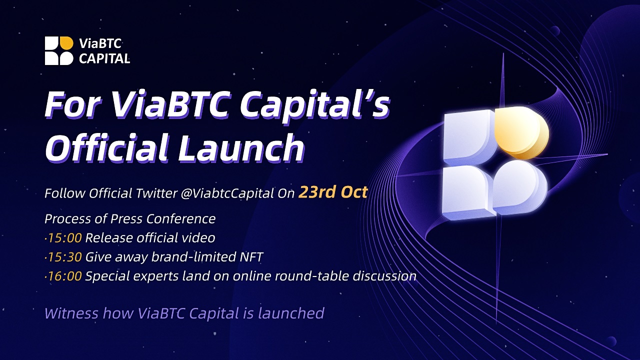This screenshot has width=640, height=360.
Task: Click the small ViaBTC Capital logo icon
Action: click(59, 50)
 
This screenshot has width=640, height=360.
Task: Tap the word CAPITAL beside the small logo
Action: click(104, 58)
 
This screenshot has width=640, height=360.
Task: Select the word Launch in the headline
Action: click(241, 147)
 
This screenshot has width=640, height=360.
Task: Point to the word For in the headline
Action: click(73, 103)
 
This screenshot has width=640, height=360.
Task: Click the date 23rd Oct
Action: click(333, 192)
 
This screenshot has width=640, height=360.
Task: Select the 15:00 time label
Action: click(64, 238)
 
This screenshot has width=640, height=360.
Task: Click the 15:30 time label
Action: click(64, 257)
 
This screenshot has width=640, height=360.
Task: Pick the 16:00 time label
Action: click(64, 276)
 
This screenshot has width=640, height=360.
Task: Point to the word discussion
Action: click(384, 276)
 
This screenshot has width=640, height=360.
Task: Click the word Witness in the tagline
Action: click(71, 313)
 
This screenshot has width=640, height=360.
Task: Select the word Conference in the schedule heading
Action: click(181, 219)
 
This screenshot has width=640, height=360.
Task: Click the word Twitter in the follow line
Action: click(156, 193)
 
